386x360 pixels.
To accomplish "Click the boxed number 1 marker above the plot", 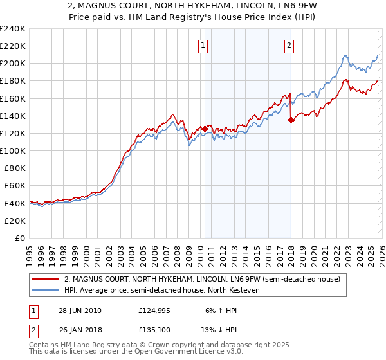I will (x=203, y=45).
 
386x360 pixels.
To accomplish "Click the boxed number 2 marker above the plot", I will (x=289, y=45).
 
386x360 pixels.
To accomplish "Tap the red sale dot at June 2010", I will (x=205, y=129).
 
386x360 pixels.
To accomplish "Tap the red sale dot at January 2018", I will (x=291, y=119).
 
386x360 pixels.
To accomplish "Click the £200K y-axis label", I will (x=13, y=64).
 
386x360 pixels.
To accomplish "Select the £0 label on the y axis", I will (x=19, y=238).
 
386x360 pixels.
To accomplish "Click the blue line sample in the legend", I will (x=46, y=290).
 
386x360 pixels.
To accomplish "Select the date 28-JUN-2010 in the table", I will (x=80, y=310).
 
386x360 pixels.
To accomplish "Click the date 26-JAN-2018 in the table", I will (x=80, y=331).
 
